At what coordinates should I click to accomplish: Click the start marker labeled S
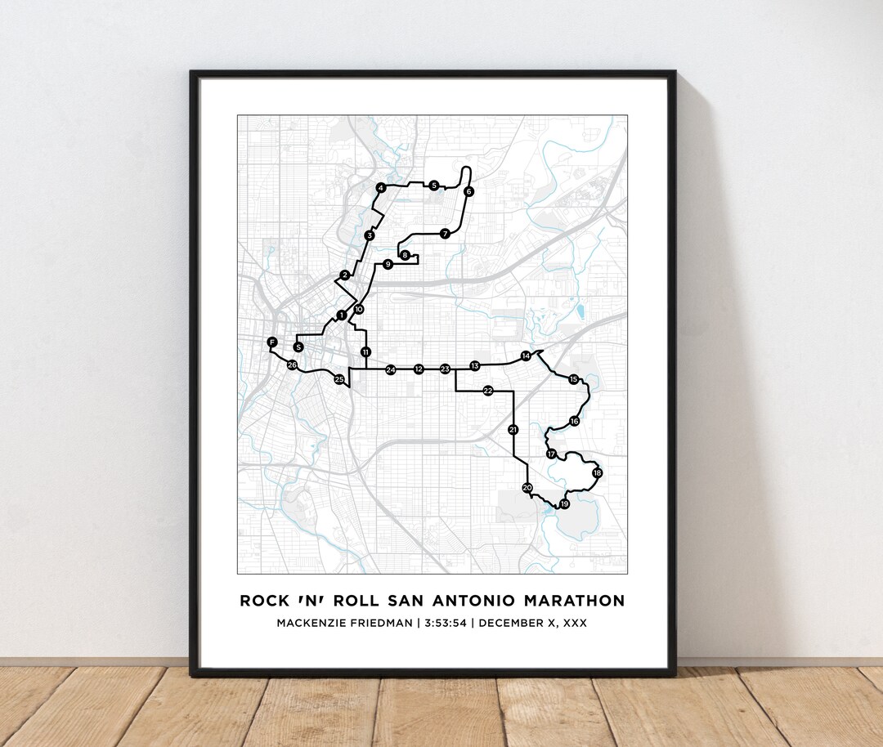click(298, 347)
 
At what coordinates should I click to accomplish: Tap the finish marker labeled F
click(272, 342)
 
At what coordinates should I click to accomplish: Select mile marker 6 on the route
click(468, 191)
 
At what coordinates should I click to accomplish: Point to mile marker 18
click(597, 473)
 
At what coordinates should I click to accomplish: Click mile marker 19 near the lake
click(564, 504)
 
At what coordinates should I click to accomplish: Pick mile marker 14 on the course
click(526, 356)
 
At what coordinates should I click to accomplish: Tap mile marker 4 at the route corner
click(380, 188)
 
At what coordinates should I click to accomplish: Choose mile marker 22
click(487, 391)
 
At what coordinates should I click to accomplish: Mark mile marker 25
click(339, 379)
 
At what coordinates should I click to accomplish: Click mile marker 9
click(388, 264)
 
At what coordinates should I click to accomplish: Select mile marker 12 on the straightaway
click(419, 369)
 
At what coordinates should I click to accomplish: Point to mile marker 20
click(527, 488)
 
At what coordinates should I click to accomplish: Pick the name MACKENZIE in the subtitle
click(314, 624)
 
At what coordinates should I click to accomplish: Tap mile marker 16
click(574, 421)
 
